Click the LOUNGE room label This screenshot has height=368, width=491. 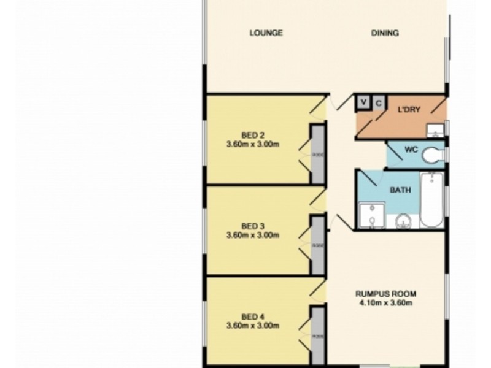click(x=266, y=33)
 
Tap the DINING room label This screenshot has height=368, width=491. click(x=385, y=33)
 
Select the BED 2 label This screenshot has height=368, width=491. click(x=253, y=136)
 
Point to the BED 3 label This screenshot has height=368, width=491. click(x=253, y=226)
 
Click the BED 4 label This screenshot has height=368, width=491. click(x=253, y=316)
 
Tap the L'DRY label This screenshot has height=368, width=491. click(x=409, y=110)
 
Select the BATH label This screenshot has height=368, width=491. click(x=400, y=190)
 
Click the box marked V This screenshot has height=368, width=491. click(x=364, y=102)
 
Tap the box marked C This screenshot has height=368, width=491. click(x=379, y=102)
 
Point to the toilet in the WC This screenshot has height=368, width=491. click(x=433, y=156)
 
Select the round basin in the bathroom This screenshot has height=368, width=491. click(x=404, y=220)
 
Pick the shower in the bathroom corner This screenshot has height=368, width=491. click(x=371, y=216)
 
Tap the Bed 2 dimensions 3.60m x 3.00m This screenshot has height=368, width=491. click(x=253, y=145)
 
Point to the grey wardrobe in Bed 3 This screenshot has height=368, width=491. click(x=317, y=245)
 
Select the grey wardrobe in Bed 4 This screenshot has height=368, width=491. click(x=317, y=336)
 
